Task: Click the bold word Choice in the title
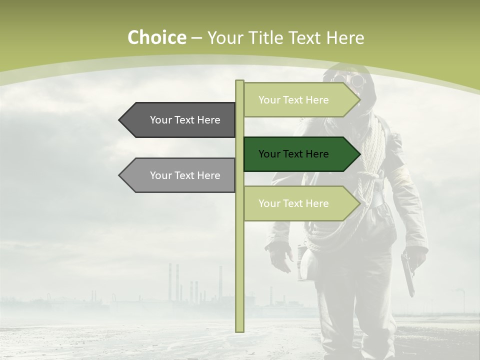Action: tap(156, 38)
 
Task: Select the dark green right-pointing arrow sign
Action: tap(300, 154)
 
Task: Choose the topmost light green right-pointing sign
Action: tap(300, 100)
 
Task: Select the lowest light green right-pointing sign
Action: tap(300, 203)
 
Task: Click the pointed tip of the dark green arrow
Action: tap(359, 154)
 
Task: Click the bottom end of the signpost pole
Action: tap(239, 330)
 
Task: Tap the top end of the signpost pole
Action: tap(239, 82)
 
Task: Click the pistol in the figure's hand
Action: tap(407, 272)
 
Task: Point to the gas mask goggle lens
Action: tap(358, 81)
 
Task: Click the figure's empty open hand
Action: tap(280, 257)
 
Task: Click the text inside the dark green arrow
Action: tap(293, 154)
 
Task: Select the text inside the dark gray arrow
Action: tap(185, 120)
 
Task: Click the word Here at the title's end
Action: tap(345, 38)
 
